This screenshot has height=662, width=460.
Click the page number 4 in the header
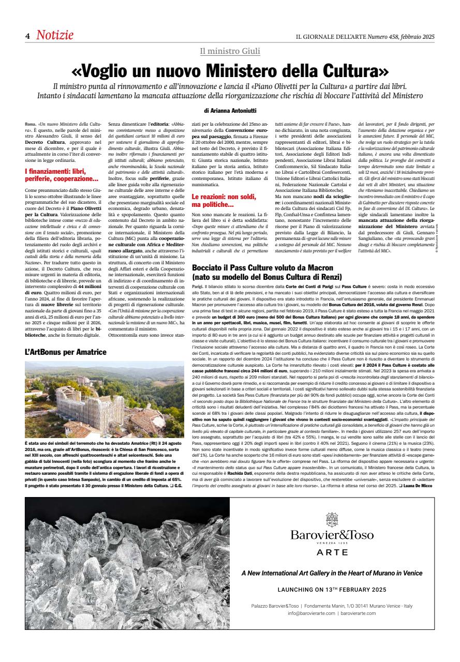coord(27,36)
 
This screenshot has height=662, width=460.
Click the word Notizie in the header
coord(54,35)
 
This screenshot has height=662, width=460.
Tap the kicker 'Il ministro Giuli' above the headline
coord(230,51)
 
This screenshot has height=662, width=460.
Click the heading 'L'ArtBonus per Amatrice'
coord(65,352)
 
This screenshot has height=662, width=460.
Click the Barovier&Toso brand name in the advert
coord(332,521)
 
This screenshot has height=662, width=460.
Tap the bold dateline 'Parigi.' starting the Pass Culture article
coord(198,286)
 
